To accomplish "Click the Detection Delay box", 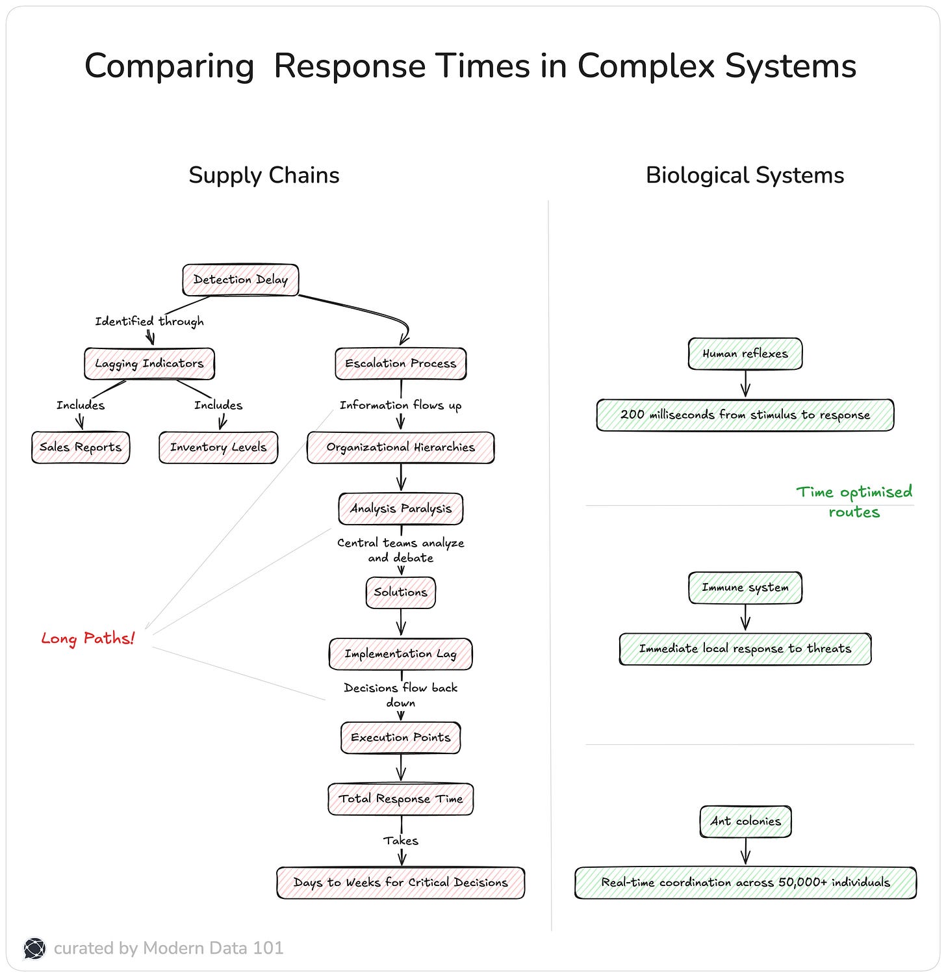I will pos(240,280).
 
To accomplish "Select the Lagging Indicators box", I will pos(149,363).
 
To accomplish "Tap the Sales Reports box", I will pos(81,447).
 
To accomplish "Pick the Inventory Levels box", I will pos(218,447).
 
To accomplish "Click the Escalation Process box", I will pos(401,363).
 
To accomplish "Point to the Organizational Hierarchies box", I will pos(401,447).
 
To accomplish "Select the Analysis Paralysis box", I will pos(401,508).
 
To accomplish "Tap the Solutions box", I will pos(401,592).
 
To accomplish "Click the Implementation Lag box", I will pos(401,654).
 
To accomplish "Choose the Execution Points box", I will pos(401,738).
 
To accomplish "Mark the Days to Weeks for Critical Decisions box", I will pos(401,883).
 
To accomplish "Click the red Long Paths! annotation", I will pos(88,638).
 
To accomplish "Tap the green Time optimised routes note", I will pos(854,502).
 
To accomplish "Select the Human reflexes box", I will pos(745,354).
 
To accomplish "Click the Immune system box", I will pos(745,588).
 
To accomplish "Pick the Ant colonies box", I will pos(745,822).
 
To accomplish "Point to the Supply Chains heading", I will pos(264,176).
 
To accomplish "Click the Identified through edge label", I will pos(149,321).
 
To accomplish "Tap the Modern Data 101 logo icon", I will pos(34,948).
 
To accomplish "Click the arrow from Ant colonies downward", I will pos(745,851).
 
